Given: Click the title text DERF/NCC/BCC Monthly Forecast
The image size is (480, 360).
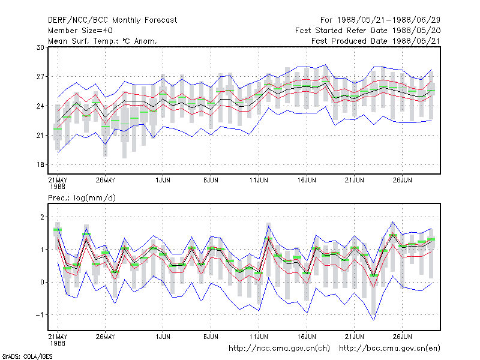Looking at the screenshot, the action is coord(112,20).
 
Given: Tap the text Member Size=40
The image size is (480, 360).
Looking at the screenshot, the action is coord(80,31).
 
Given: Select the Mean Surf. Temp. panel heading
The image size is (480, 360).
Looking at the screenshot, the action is coord(103,41).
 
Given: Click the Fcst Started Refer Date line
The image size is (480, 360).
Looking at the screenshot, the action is coord(368,31).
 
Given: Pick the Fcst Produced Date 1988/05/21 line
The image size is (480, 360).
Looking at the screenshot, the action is coord(376,41).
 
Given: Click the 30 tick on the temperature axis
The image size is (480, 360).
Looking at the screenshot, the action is coord(40,47).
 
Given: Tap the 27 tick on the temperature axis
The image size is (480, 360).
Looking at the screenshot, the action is coord(40,77).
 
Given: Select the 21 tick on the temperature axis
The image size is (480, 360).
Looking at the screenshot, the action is coord(40,136).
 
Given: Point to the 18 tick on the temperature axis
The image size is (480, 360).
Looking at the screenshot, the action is coord(40,164).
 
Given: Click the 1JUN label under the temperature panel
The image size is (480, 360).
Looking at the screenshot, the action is coord(163,180).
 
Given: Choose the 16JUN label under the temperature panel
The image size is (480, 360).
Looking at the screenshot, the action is coord(307,180).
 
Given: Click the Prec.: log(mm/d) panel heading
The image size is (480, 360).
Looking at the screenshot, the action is coord(82,198).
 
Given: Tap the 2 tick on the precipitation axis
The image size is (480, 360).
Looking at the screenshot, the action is coord(42,217).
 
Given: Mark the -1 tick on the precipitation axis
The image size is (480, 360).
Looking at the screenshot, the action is coord(40,315).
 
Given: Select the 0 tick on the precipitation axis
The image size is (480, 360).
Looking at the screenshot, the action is coord(42,282).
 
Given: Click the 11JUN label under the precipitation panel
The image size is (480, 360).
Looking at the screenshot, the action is coord(259,337).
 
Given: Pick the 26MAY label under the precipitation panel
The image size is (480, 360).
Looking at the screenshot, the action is coord(106,337).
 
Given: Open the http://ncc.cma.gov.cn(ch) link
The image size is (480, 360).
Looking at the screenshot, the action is coord(280,349).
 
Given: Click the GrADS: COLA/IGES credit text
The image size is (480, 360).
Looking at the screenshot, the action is coord(27,356).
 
